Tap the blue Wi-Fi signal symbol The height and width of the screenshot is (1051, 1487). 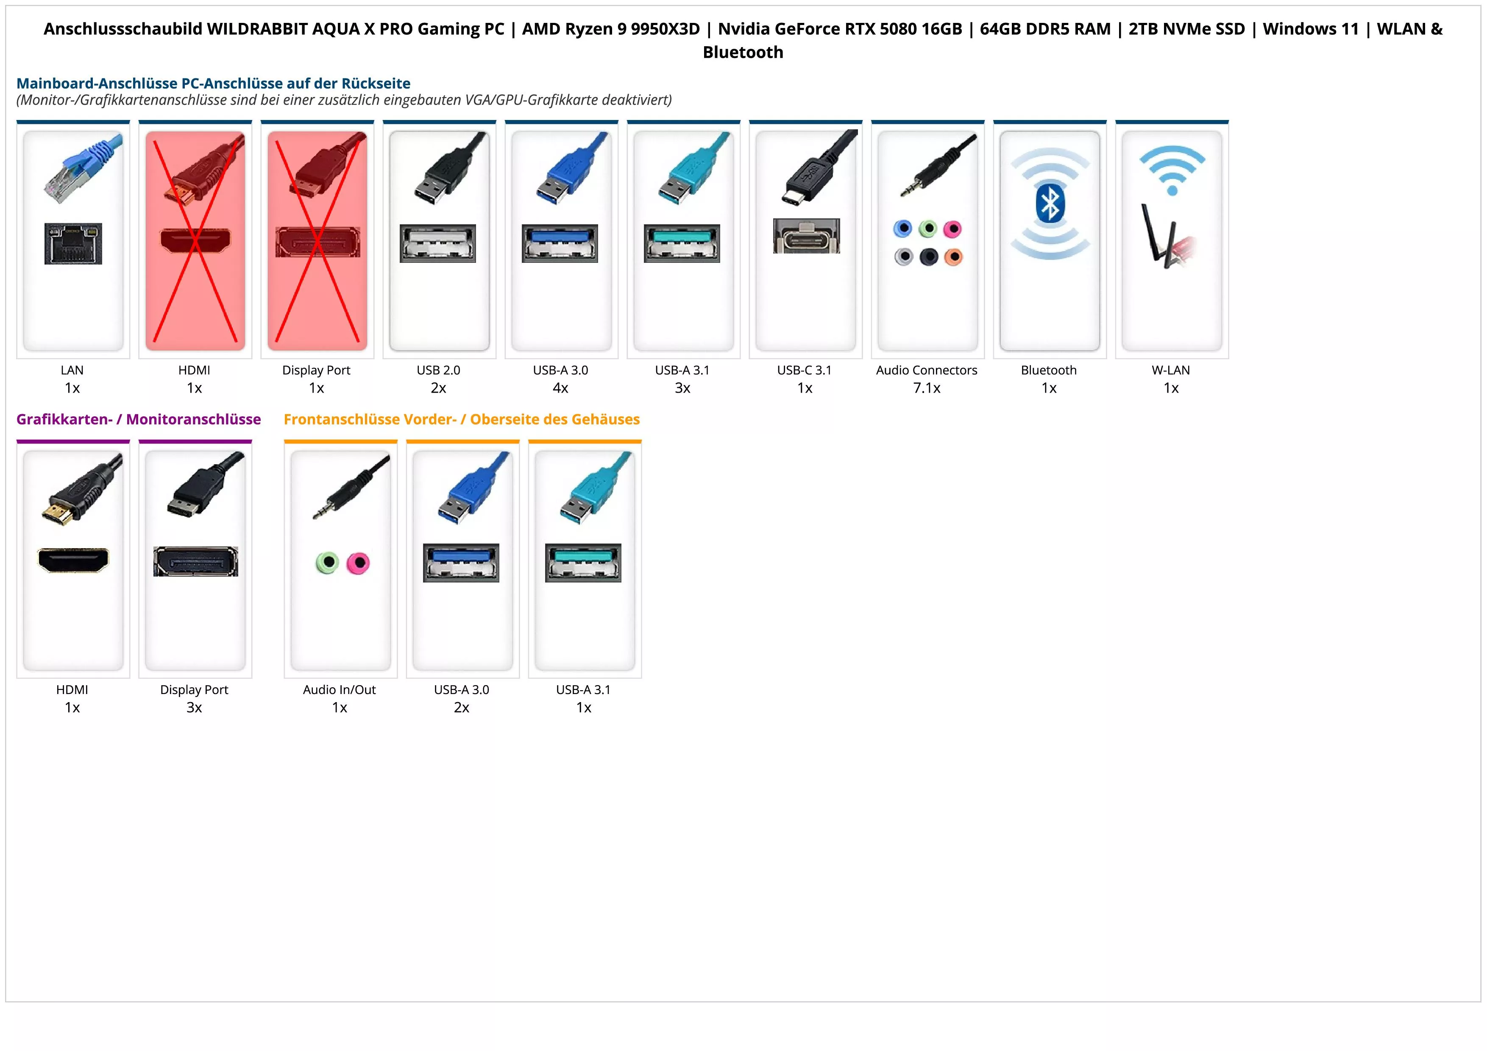(x=1172, y=169)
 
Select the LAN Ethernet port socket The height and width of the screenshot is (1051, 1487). (x=73, y=243)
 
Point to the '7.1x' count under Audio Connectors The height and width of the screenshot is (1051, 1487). (x=927, y=388)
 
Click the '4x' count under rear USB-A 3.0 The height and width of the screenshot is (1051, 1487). (x=560, y=388)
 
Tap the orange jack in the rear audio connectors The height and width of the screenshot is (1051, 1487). (x=953, y=257)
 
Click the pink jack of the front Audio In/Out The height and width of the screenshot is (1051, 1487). (x=357, y=563)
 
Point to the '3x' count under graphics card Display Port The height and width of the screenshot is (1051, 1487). (x=194, y=708)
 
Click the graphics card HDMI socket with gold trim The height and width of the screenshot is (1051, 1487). (x=73, y=560)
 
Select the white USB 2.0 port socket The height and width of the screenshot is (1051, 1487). (x=438, y=243)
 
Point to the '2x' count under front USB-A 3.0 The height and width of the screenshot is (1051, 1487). (x=462, y=708)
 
